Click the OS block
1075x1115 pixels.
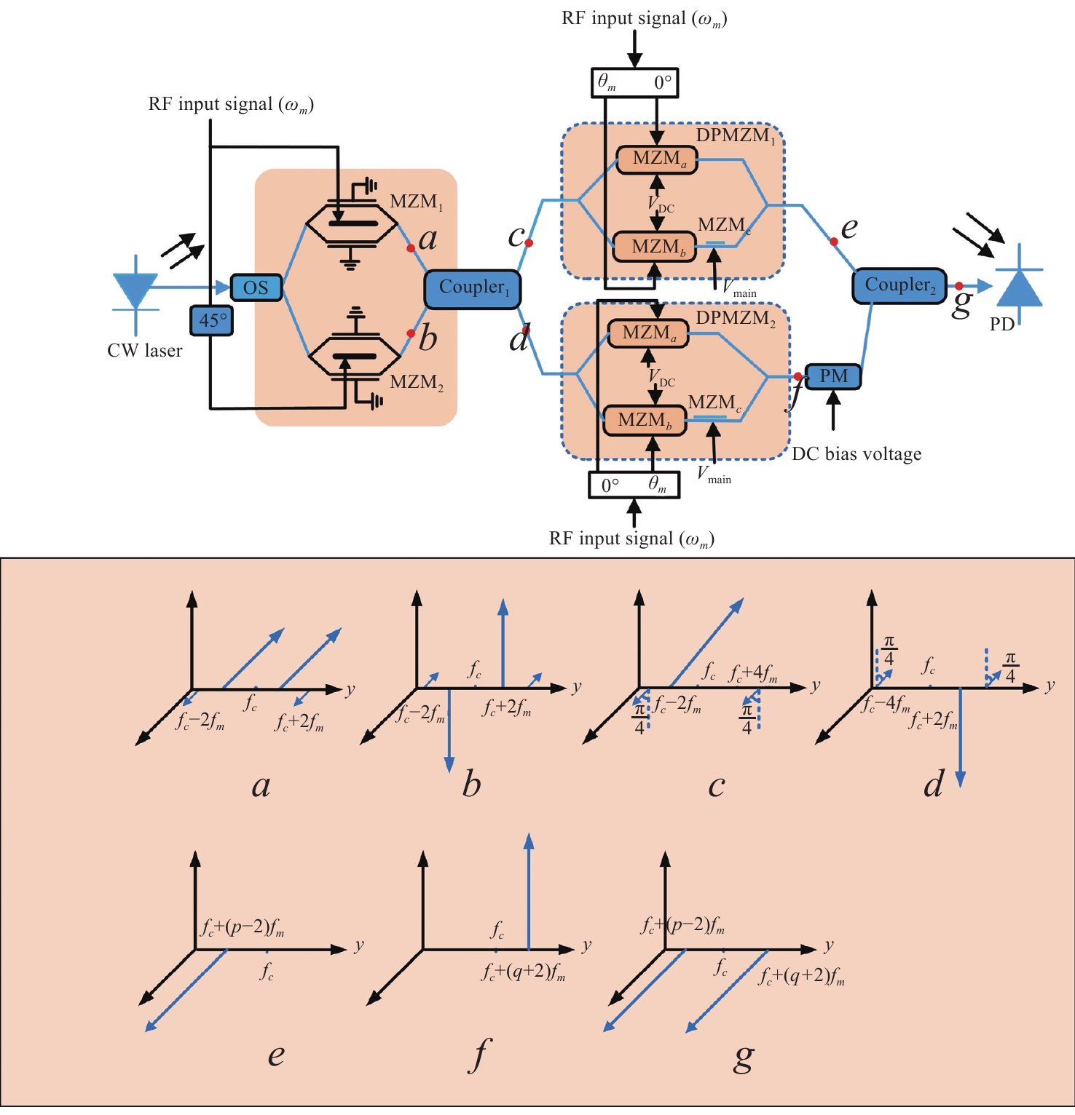(x=256, y=287)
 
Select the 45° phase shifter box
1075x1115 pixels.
(x=212, y=320)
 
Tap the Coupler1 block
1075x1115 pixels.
(x=473, y=288)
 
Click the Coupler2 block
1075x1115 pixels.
(x=899, y=285)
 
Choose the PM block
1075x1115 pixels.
(x=833, y=376)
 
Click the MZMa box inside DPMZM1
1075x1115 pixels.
(x=657, y=159)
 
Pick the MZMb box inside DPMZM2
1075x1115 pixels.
(x=645, y=421)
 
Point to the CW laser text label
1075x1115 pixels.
(x=144, y=351)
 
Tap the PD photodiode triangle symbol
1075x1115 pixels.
(x=1019, y=288)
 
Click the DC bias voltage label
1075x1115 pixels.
(x=857, y=454)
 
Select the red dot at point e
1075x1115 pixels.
(x=834, y=242)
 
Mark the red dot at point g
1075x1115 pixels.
(x=959, y=286)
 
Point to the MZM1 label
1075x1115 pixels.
(x=416, y=202)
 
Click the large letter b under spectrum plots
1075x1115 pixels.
(x=472, y=785)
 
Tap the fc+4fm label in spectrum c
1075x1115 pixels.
(x=753, y=673)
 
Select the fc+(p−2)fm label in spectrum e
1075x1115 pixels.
(x=243, y=927)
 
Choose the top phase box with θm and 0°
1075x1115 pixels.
(x=634, y=82)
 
